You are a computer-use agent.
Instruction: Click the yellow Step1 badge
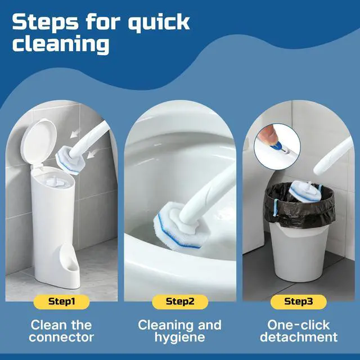coord(61,301)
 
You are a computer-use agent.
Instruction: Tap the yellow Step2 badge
coord(180,301)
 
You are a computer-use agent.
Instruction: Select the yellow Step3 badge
coord(298,301)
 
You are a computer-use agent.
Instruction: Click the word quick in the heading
coord(159,23)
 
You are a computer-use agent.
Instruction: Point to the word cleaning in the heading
coord(61,44)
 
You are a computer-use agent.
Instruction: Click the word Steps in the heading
coord(45,22)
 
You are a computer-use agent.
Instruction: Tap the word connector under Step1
coord(61,337)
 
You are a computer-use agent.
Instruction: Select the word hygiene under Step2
coord(180,337)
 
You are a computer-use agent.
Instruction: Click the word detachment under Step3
coord(299,337)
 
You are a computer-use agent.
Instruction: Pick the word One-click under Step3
coord(299,325)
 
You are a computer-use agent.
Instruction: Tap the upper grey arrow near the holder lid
coord(75,133)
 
